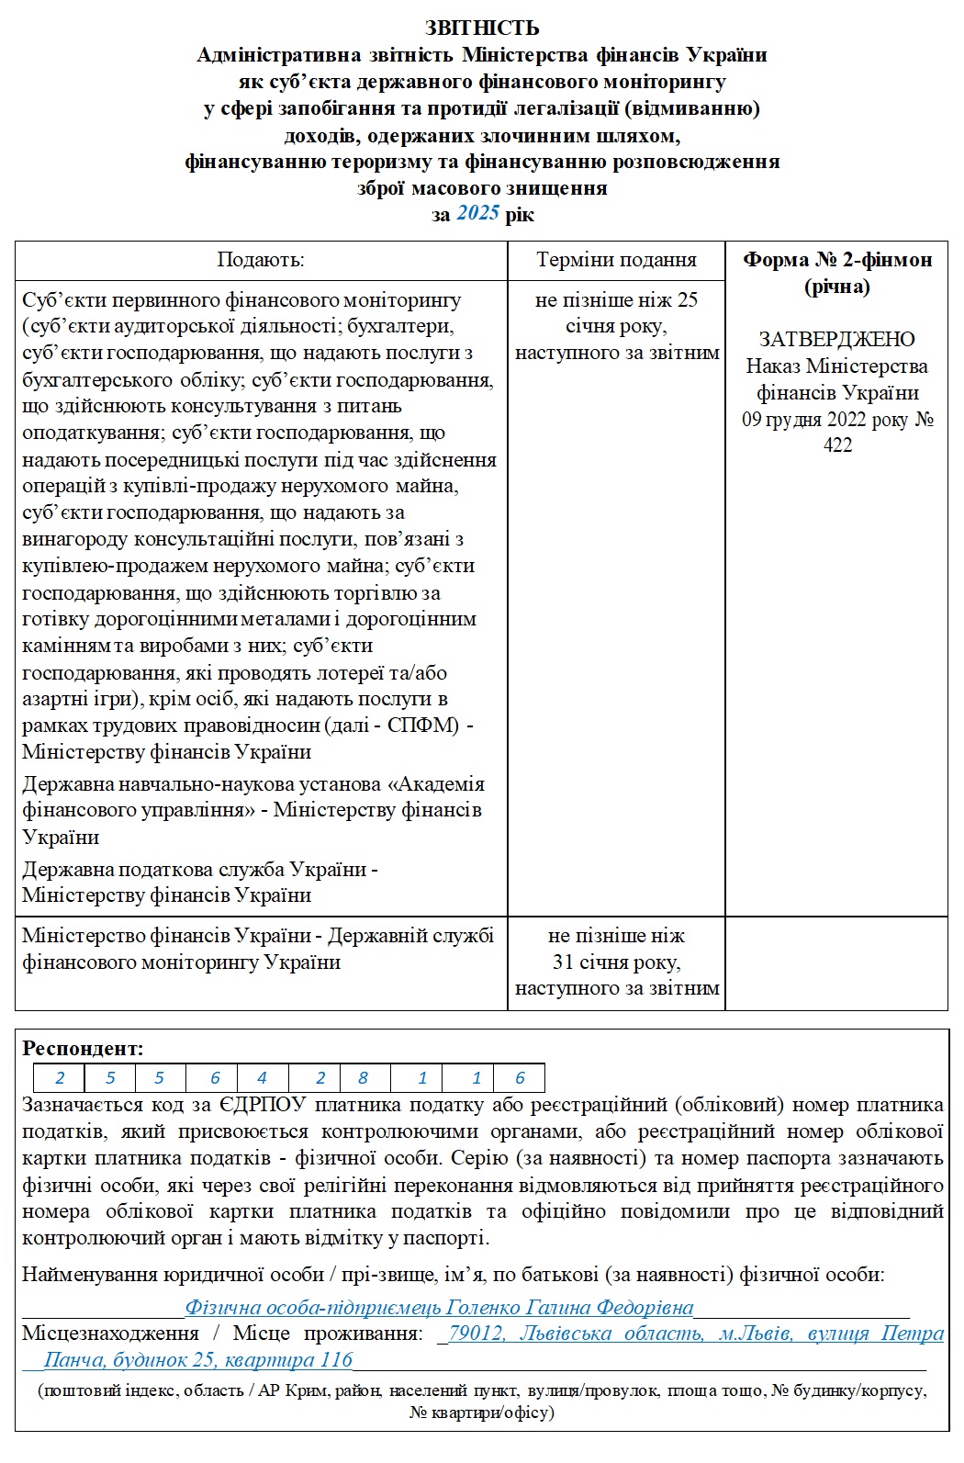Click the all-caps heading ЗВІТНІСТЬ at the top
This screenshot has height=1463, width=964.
[482, 28]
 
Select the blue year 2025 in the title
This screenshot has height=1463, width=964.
[477, 214]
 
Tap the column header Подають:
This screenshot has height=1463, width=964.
[261, 260]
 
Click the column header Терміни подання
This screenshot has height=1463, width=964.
[616, 260]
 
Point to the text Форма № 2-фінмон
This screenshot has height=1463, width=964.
[837, 260]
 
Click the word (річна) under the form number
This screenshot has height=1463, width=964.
[837, 287]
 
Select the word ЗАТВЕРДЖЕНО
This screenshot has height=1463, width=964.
[837, 339]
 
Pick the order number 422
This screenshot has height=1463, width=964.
[837, 445]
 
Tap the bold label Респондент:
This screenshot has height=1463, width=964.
[84, 1048]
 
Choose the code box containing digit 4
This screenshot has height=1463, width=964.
[263, 1078]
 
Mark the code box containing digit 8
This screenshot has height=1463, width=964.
[364, 1078]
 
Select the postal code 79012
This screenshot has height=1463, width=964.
[477, 1333]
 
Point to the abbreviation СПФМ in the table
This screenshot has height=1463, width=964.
[422, 726]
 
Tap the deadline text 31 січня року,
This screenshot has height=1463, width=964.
[616, 962]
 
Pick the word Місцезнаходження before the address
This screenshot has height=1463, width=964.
[110, 1333]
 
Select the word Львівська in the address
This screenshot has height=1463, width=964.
[566, 1333]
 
